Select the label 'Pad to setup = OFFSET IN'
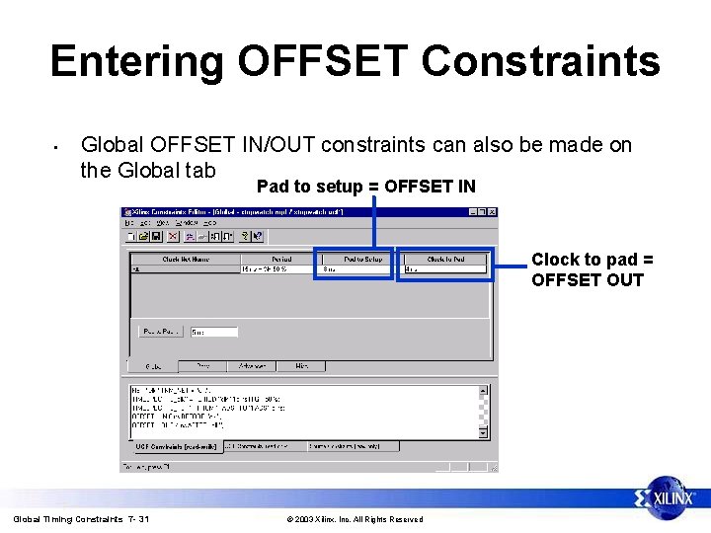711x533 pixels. coord(365,187)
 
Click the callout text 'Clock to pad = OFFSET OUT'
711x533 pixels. coord(588,269)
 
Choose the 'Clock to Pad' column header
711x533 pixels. coord(445,259)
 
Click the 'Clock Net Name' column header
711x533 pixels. coord(186,259)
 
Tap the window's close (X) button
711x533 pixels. coord(493,211)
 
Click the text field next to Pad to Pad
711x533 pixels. coord(213,332)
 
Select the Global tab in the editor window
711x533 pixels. coord(154,365)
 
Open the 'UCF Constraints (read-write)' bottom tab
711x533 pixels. coord(174,446)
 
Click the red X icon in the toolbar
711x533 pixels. coord(174,236)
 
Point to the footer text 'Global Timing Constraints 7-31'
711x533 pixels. coord(81,519)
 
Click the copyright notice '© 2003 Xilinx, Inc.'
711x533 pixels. coord(354,519)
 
